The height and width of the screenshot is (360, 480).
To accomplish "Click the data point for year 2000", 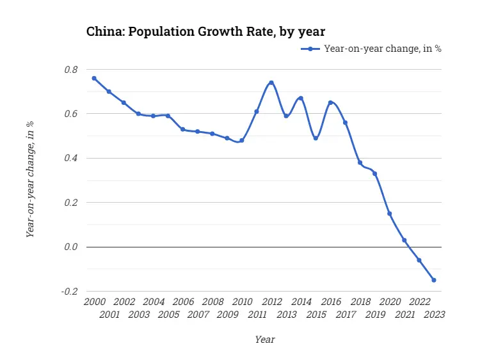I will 94,78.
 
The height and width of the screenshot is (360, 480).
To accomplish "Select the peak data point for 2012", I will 271,82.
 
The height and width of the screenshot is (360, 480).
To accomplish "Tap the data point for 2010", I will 242,140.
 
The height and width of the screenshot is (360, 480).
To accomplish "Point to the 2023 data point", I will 434,280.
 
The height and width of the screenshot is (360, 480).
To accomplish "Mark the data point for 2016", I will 330,102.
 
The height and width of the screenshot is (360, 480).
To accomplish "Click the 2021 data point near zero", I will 404,240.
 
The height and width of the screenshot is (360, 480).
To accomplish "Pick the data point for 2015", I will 316,138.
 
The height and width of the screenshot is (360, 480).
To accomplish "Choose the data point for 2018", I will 360,162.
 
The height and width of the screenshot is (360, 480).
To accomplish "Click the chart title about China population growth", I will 205,31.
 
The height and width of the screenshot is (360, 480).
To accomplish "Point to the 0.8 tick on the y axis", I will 71,70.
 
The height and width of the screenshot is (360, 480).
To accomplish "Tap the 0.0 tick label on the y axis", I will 71,247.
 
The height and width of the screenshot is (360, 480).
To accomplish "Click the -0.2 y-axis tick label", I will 70,291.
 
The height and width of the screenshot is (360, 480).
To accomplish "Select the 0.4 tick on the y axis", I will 71,158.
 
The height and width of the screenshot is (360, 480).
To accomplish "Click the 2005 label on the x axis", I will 168,315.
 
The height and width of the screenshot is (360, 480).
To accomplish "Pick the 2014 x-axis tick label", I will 301,302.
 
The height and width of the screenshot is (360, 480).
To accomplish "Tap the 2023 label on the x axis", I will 434,315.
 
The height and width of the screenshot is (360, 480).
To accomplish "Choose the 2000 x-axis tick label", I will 94,302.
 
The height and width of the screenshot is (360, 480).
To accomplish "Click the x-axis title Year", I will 264,340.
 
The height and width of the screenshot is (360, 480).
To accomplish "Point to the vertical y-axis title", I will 30,179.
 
